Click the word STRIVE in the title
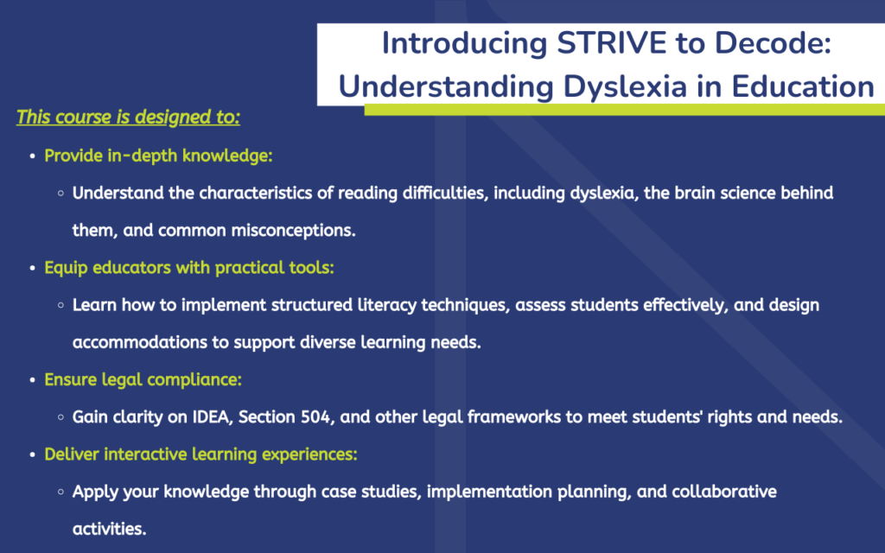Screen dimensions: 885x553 click(611, 43)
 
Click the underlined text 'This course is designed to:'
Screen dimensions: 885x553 click(128, 117)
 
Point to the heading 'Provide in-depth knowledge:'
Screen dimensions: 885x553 click(158, 156)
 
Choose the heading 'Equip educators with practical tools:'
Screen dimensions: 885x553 click(189, 268)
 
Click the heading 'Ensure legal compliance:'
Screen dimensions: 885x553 click(143, 380)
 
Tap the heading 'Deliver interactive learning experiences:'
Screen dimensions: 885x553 click(201, 454)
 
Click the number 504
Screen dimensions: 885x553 click(317, 417)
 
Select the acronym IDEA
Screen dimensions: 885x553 click(213, 417)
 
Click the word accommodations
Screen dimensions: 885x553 click(140, 342)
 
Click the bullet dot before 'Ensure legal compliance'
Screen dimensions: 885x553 click(32, 380)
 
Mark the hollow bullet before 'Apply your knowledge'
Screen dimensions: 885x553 click(60, 492)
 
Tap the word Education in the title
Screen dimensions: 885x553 click(803, 87)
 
